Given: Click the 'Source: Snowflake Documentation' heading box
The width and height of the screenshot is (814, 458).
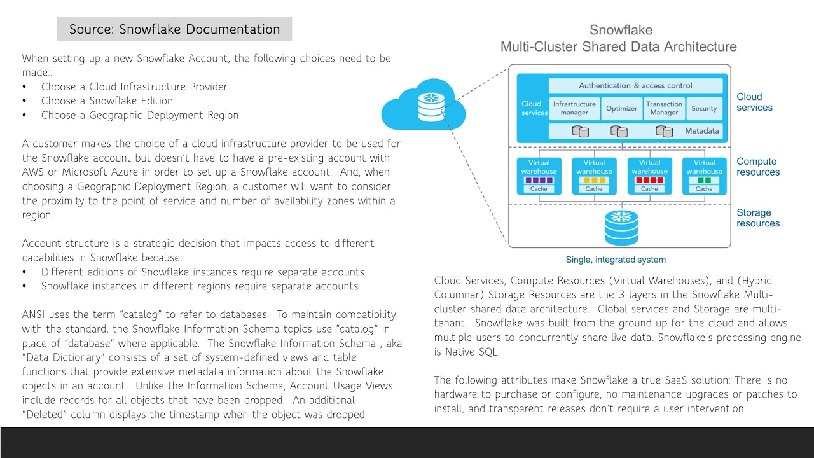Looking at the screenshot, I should [x=174, y=29].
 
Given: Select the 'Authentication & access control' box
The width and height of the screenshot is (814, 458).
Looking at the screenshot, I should [x=635, y=85].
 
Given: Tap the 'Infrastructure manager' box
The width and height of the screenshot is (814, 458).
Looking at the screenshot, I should [x=574, y=108].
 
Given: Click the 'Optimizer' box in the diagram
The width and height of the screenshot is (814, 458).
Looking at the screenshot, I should [x=621, y=108].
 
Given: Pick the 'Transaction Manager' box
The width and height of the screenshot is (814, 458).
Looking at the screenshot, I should [x=664, y=108].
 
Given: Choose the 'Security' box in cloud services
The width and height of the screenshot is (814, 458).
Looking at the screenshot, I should [x=704, y=108].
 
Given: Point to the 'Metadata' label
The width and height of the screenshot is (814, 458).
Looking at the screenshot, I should [x=701, y=131].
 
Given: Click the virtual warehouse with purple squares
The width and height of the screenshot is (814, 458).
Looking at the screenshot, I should [x=539, y=176].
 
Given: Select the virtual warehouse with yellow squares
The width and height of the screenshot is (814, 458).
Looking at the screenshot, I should [x=594, y=176].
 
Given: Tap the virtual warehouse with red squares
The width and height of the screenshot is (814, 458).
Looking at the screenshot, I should [x=649, y=176].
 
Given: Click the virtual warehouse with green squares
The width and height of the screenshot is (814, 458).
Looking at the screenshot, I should [x=704, y=176].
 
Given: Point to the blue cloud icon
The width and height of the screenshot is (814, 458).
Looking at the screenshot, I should [x=423, y=108].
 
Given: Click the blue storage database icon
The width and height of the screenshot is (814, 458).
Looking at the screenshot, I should [x=621, y=228].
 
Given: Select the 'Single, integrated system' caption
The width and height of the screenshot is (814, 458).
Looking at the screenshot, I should [x=616, y=260].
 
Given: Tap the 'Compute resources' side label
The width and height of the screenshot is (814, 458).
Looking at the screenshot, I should [x=758, y=167].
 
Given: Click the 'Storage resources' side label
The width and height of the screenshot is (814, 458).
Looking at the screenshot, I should [x=758, y=218].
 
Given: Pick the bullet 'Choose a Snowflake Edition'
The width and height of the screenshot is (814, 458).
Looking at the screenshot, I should [x=107, y=101].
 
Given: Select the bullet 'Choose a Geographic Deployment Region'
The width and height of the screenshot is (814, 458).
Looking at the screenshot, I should [x=140, y=115].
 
